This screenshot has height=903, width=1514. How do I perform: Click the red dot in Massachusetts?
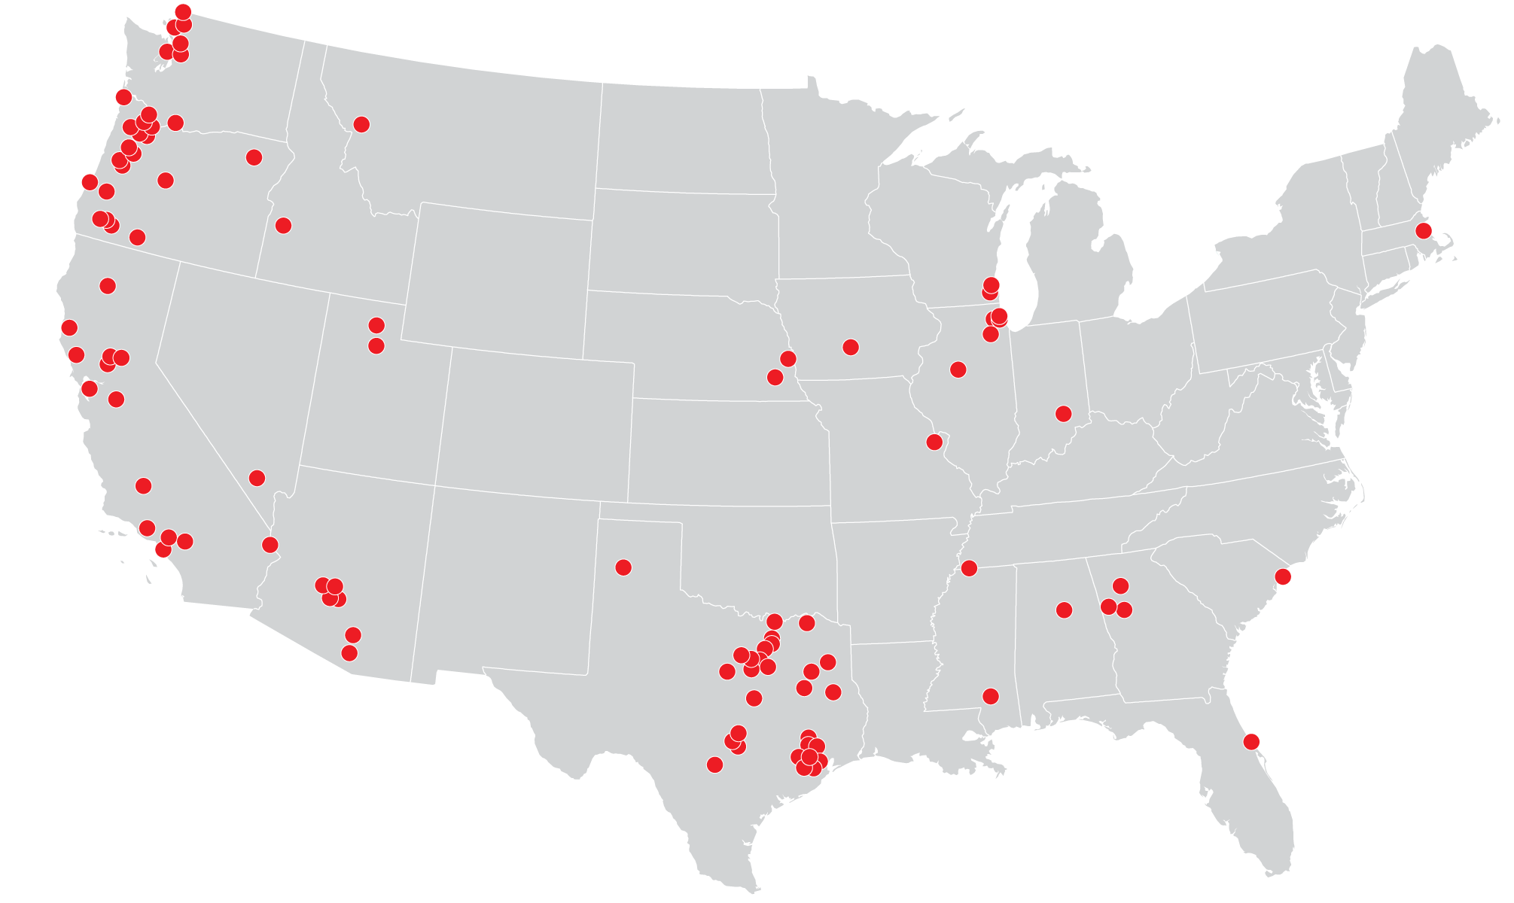click(x=1423, y=230)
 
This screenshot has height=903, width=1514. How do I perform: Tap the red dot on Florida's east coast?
click(x=1251, y=741)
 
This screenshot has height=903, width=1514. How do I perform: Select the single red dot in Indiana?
click(x=1063, y=413)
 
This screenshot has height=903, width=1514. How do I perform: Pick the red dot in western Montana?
click(x=361, y=124)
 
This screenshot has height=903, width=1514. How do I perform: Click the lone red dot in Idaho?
click(x=283, y=225)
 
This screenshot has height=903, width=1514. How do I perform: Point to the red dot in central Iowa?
click(x=851, y=347)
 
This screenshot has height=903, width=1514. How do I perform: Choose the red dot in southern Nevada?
click(x=257, y=478)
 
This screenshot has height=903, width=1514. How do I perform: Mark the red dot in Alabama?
click(x=1064, y=610)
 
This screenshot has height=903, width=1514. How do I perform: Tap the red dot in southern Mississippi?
click(x=991, y=696)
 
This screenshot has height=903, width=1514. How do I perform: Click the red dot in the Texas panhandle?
click(x=623, y=567)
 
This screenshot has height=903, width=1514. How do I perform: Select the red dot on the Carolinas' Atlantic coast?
click(x=1283, y=576)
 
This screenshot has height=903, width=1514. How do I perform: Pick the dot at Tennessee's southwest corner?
click(x=969, y=567)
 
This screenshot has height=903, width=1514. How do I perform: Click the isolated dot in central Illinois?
click(x=958, y=369)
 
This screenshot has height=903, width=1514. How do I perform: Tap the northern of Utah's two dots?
click(x=376, y=325)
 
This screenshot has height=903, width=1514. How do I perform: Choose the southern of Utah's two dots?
click(x=376, y=345)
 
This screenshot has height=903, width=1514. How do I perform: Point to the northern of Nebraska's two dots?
click(x=788, y=358)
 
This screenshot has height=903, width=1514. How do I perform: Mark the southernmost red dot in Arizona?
click(x=349, y=652)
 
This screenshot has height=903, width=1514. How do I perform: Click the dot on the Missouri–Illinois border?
click(x=934, y=442)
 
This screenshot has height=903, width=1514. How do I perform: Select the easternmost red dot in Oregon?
click(x=254, y=157)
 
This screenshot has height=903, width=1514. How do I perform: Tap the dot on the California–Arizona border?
click(x=270, y=544)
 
